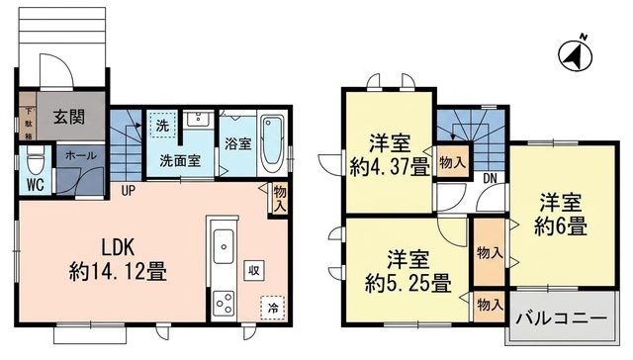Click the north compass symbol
coord(575,54)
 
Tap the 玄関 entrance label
coord(69,117)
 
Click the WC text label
coord(35,185)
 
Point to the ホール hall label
coord(80,155)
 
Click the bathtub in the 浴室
coord(272,144)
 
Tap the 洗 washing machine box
coord(162,126)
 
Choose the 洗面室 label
coord(180,161)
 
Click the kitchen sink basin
coord(224,246)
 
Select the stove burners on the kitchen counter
coord(224,303)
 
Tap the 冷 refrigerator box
coord(273,308)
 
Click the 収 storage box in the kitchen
coord(254,270)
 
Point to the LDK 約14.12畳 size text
coord(118,259)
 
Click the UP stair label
coord(128,191)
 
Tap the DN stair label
coord(490,178)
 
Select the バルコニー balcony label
coord(562,318)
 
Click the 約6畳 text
coord(561,226)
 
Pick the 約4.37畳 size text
coord(390,167)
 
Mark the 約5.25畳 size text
coord(407,283)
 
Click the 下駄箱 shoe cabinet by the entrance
coord(28,117)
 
